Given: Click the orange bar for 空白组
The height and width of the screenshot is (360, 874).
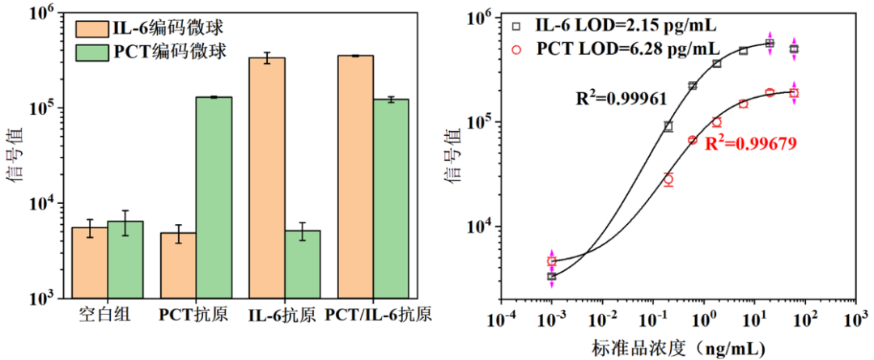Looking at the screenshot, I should (89, 262).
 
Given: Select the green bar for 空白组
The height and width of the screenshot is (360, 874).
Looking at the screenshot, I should (125, 259).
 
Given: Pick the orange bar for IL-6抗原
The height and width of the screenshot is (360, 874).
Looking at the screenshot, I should (266, 178).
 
